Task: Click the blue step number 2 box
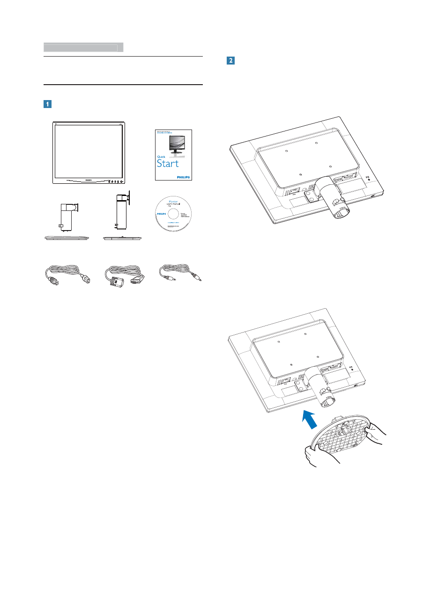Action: click(230, 60)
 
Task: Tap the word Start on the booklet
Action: click(167, 163)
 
